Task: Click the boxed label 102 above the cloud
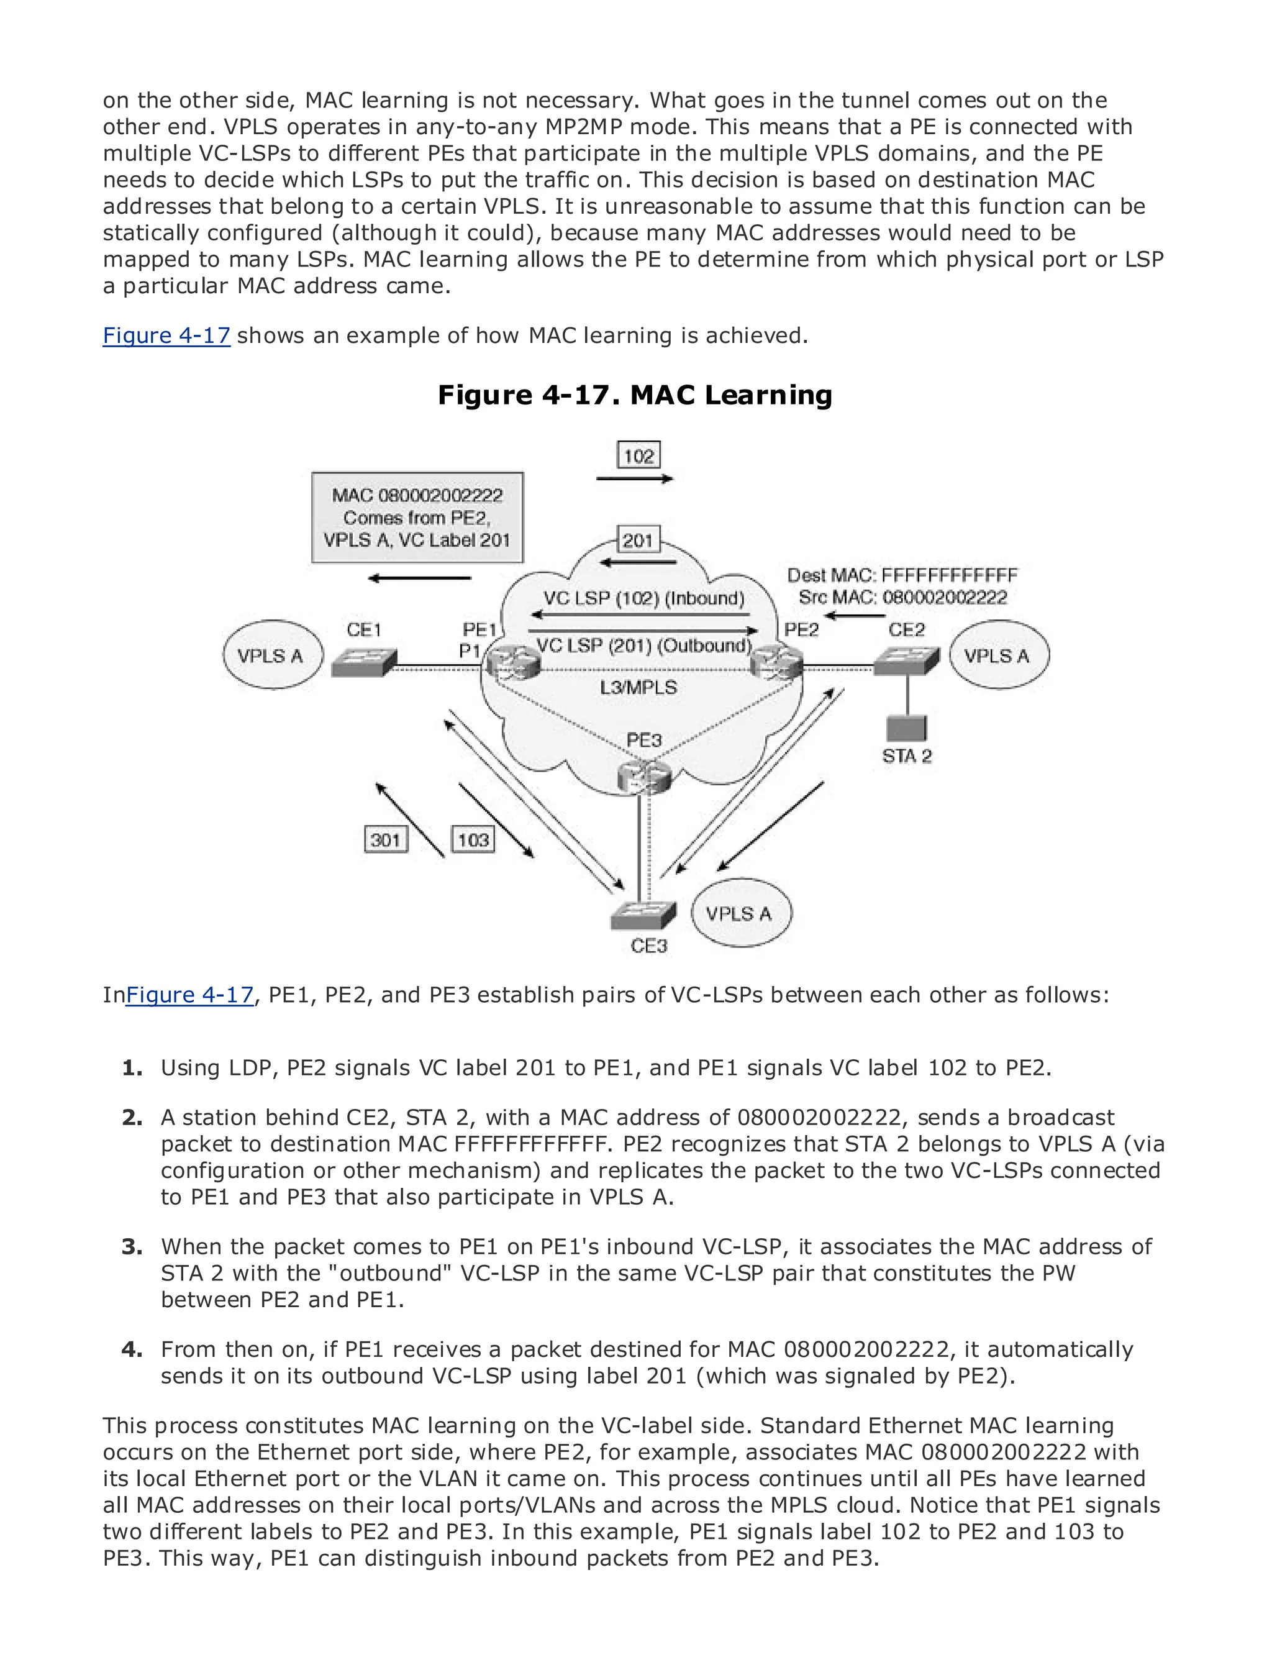point(638,455)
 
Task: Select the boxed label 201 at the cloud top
point(637,540)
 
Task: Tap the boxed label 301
point(385,839)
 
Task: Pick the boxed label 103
point(473,839)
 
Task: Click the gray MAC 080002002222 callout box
point(417,518)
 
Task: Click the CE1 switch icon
point(363,662)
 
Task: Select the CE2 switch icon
point(906,661)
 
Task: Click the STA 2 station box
point(906,728)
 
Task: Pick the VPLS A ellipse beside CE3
point(740,913)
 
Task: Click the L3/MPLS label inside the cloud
point(638,687)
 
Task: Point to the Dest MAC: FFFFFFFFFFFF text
point(902,575)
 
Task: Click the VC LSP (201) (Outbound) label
point(643,646)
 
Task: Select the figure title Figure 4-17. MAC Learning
point(635,395)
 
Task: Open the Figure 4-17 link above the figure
point(166,335)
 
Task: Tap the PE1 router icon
point(512,662)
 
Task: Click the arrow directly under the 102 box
point(635,478)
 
